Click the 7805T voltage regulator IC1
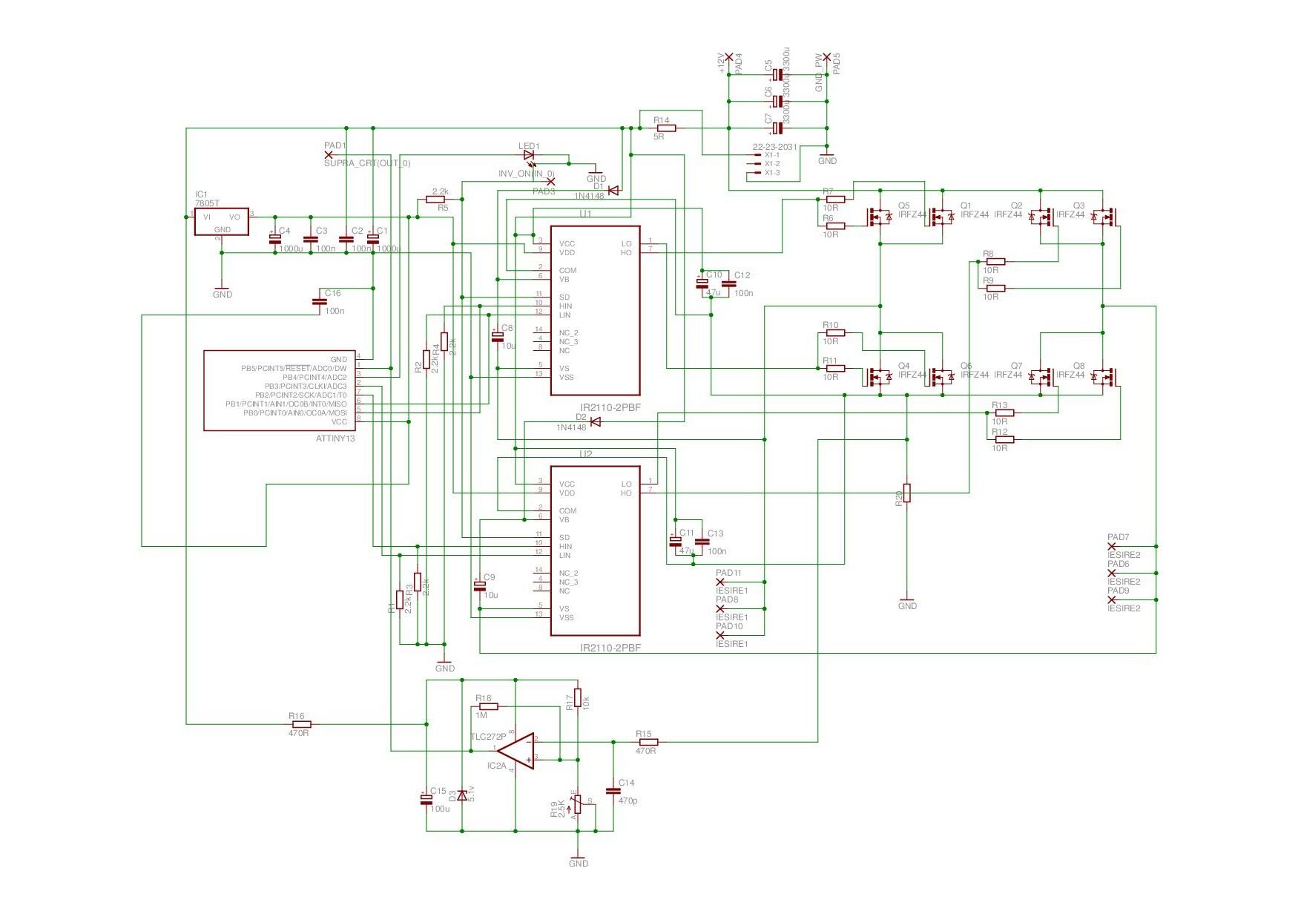pos(221,221)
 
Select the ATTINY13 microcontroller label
pos(335,438)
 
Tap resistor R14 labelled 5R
pos(665,128)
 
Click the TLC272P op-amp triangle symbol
pos(518,751)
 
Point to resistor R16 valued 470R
pos(301,724)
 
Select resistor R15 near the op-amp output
pos(648,742)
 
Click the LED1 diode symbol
pos(529,155)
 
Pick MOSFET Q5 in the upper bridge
pos(880,217)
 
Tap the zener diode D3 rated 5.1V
pos(462,795)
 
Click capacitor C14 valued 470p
pos(613,791)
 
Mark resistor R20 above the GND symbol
pos(906,493)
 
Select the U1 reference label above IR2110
pos(585,214)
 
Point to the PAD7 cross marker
pos(1111,546)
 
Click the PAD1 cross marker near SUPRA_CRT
pos(329,154)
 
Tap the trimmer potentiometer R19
pos(578,804)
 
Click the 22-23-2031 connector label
pos(774,147)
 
